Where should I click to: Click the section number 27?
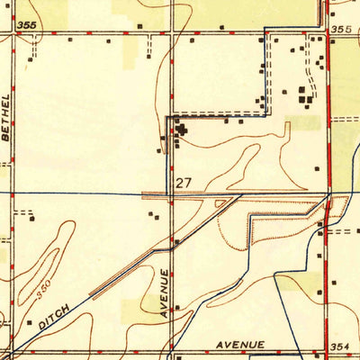pyautogui.click(x=184, y=183)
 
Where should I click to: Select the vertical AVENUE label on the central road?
pyautogui.click(x=166, y=295)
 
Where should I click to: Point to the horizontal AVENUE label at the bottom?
pyautogui.click(x=239, y=345)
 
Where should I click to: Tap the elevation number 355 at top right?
pyautogui.click(x=340, y=30)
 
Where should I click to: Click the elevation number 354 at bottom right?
pyautogui.click(x=339, y=346)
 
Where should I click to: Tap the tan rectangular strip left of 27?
pyautogui.click(x=158, y=193)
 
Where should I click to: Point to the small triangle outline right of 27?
pyautogui.click(x=221, y=203)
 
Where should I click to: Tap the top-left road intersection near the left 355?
pyautogui.click(x=13, y=36)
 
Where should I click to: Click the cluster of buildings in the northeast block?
pyautogui.click(x=306, y=95)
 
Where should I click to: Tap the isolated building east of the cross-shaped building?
pyautogui.click(x=318, y=167)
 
